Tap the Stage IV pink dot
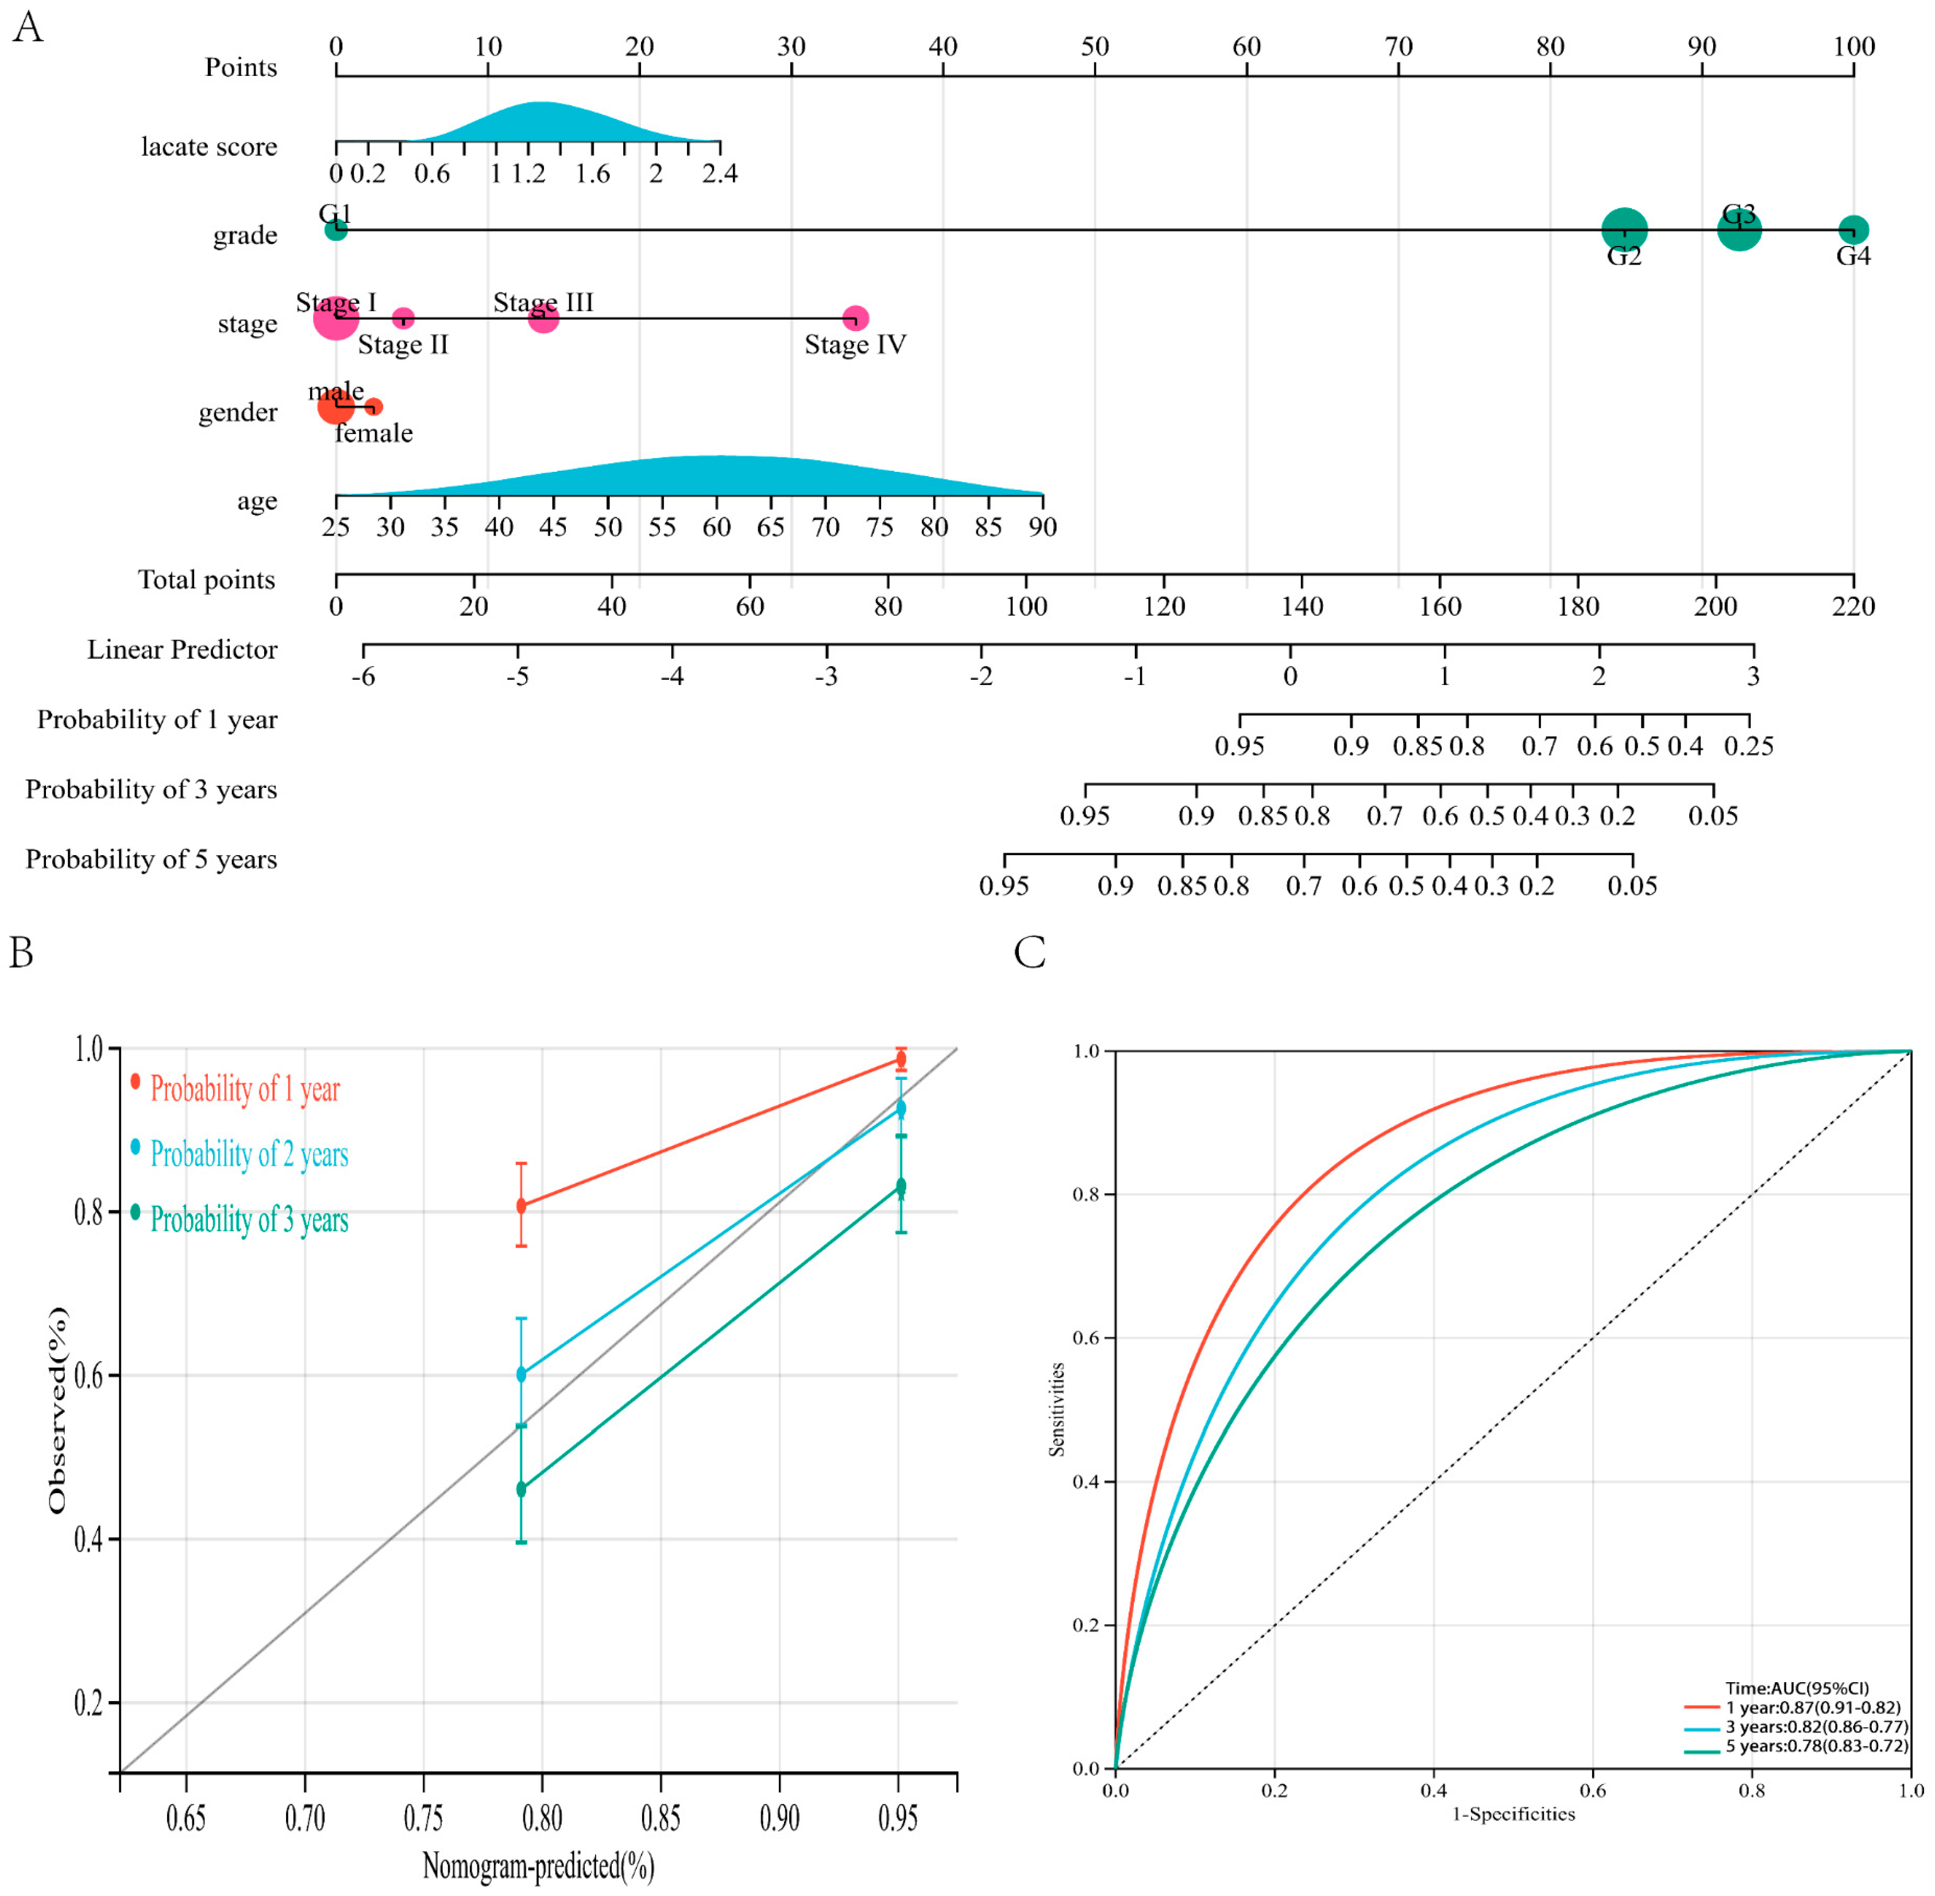point(855,318)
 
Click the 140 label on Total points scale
point(1302,606)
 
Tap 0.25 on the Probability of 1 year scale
point(1749,746)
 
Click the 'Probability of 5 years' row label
point(151,859)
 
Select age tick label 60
point(717,528)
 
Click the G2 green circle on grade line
point(1624,230)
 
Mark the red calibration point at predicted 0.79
point(520,1206)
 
